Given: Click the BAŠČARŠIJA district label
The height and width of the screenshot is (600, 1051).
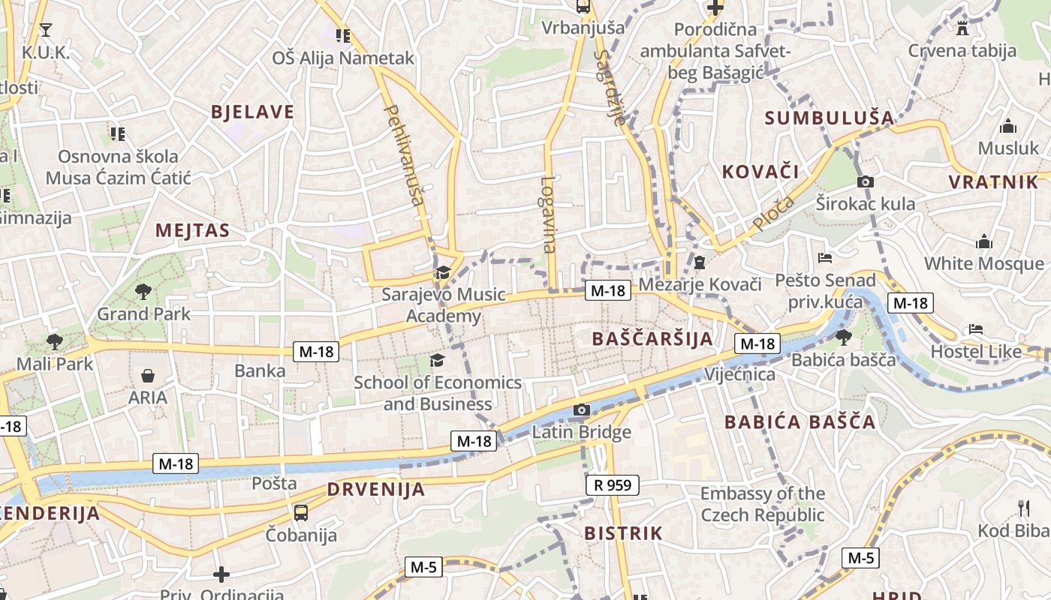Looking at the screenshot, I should [x=652, y=338].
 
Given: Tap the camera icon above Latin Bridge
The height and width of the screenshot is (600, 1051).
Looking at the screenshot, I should [x=581, y=409].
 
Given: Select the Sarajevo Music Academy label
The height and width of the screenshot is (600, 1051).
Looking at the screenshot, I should [x=443, y=304].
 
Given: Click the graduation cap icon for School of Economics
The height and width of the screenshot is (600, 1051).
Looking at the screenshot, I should [x=437, y=361].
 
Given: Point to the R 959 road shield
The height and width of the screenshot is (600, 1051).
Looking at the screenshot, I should [x=612, y=485].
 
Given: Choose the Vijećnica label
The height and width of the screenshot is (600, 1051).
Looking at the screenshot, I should [x=740, y=373].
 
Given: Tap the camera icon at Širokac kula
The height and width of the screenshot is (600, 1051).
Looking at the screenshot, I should [x=865, y=181].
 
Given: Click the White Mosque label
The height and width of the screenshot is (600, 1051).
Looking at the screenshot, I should [x=983, y=263].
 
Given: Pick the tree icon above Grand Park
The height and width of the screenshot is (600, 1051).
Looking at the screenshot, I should [x=143, y=291].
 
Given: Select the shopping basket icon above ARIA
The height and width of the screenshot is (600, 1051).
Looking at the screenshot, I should [x=148, y=375].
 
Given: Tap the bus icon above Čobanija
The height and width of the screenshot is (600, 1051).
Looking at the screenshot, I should [x=300, y=513].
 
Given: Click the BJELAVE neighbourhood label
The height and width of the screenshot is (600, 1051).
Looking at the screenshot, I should [x=252, y=112].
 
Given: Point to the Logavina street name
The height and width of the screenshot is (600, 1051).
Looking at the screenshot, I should [x=548, y=214].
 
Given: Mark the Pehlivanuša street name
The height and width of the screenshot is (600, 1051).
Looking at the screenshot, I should [x=404, y=154].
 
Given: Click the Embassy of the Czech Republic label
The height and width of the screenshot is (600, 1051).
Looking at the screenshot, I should [x=762, y=504].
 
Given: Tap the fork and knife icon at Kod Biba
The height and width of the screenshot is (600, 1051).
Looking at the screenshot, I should [x=1023, y=508].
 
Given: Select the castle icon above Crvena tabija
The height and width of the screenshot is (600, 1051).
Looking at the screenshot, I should [x=962, y=28].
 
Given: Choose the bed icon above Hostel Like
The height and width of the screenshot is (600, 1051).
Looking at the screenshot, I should [x=975, y=328].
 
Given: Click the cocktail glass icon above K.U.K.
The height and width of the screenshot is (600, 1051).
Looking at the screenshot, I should [x=45, y=29].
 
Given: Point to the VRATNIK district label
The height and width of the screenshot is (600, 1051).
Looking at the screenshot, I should [x=993, y=182].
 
